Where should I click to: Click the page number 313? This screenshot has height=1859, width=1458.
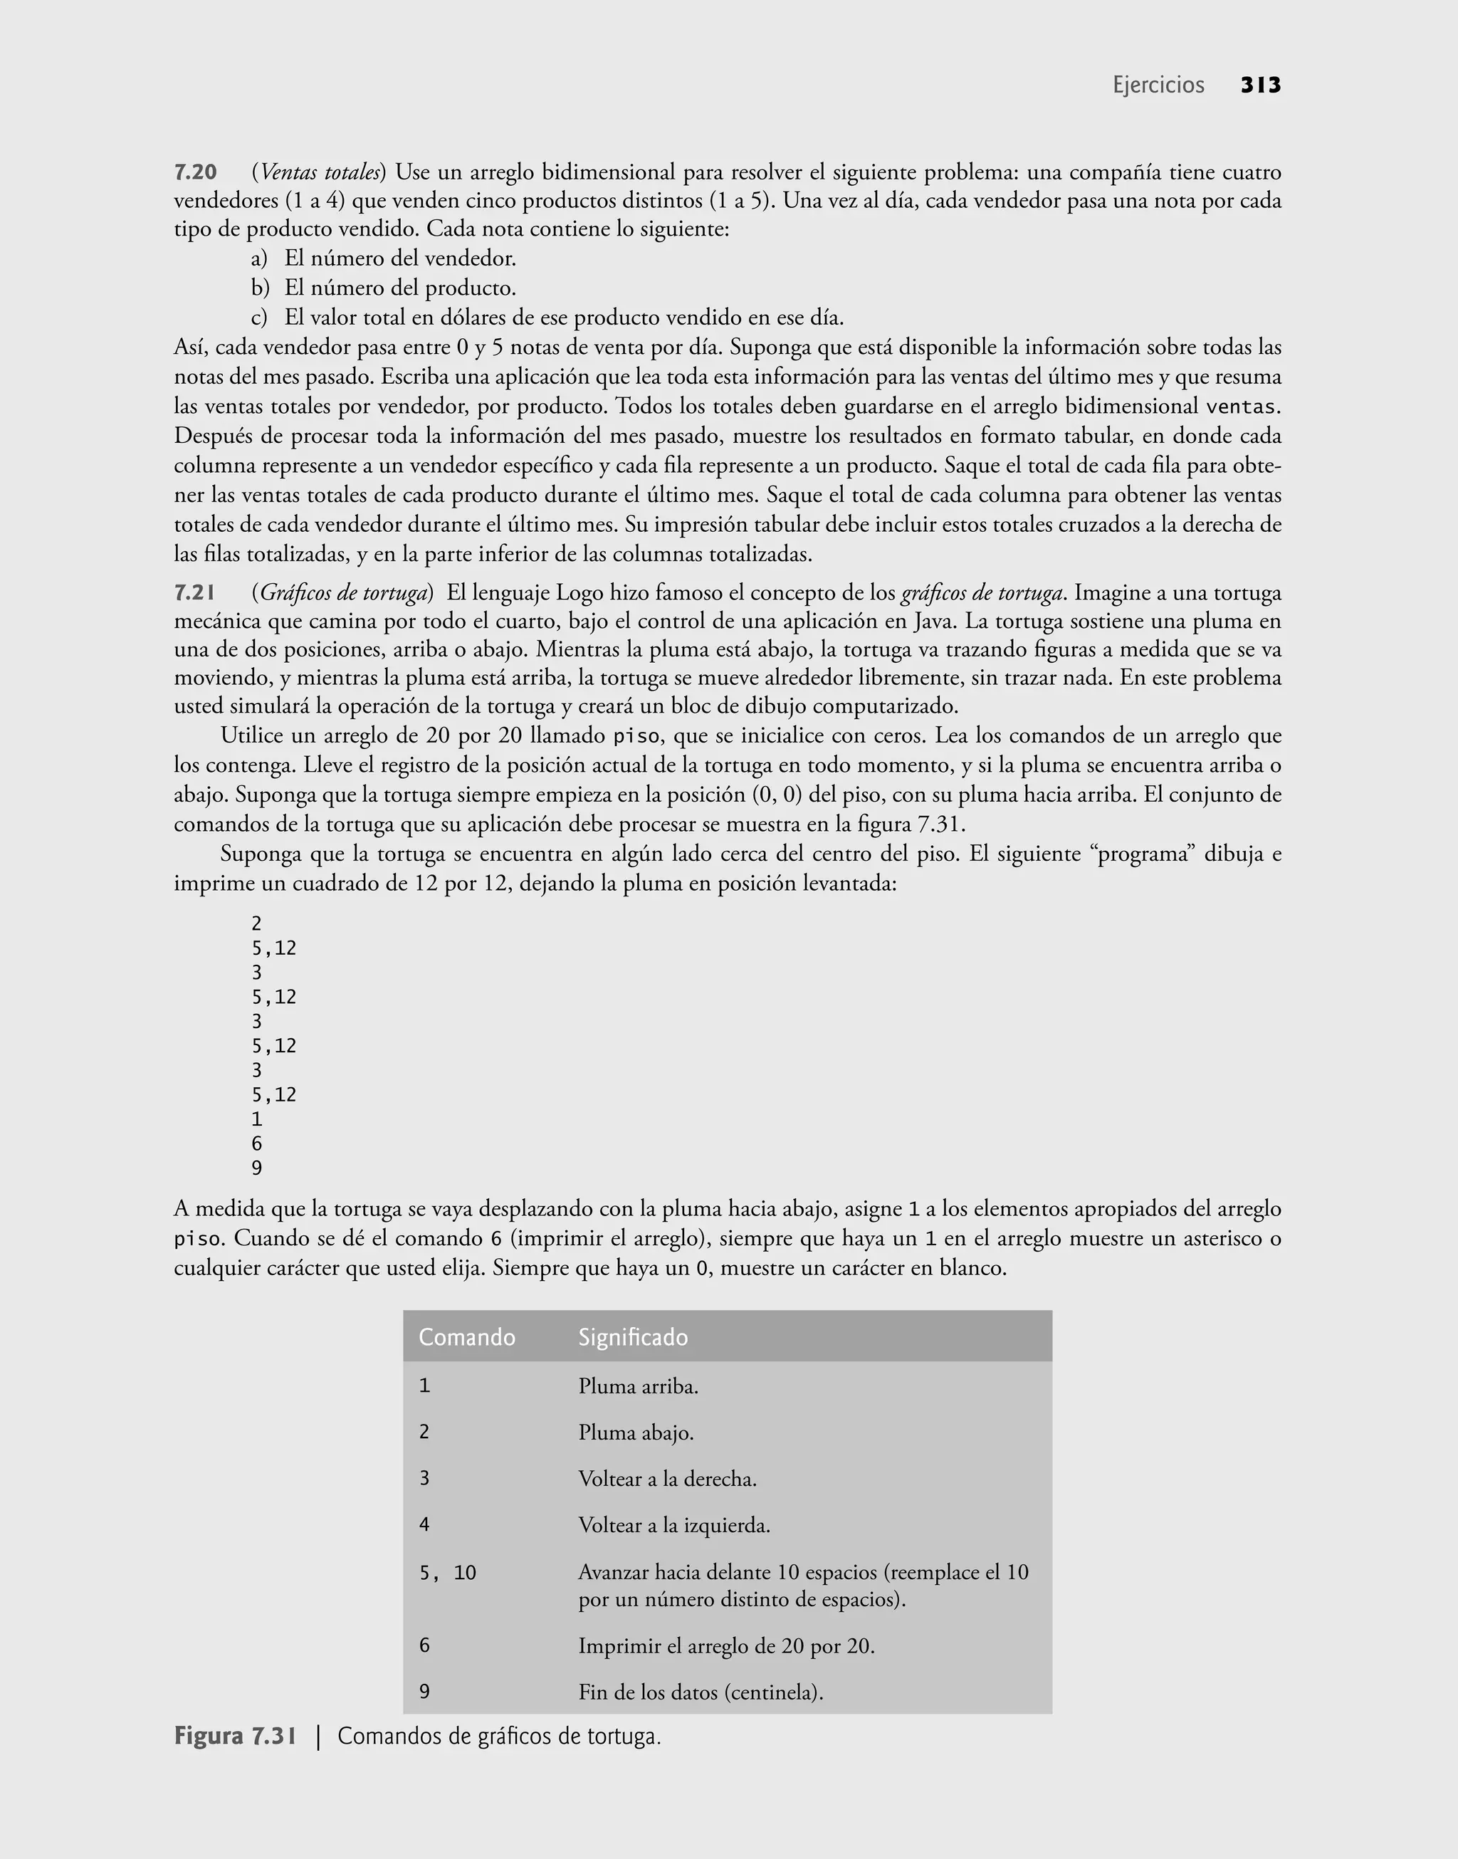click(x=1260, y=85)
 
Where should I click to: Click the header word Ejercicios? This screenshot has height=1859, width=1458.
click(x=1158, y=85)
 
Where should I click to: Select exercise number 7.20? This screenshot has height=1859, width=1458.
click(x=196, y=172)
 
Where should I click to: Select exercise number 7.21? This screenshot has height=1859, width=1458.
click(x=194, y=592)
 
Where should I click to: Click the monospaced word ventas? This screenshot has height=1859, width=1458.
click(x=1242, y=407)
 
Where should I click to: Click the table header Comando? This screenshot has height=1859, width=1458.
click(x=467, y=1336)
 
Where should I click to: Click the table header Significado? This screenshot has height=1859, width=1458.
click(x=633, y=1336)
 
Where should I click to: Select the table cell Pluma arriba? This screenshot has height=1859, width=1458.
click(x=638, y=1386)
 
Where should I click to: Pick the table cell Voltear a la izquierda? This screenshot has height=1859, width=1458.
click(x=673, y=1524)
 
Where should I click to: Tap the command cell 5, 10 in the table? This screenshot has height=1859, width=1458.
click(x=447, y=1572)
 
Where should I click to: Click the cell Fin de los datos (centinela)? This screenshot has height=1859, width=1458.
click(x=700, y=1692)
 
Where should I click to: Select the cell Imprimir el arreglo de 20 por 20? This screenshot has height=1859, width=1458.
click(x=725, y=1645)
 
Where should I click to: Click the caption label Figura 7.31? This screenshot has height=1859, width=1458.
click(x=236, y=1736)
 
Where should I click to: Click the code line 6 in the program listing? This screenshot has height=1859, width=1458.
click(x=257, y=1143)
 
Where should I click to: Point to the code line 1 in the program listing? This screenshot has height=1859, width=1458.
click(x=257, y=1119)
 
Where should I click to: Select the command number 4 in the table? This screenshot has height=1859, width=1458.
click(x=424, y=1524)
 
